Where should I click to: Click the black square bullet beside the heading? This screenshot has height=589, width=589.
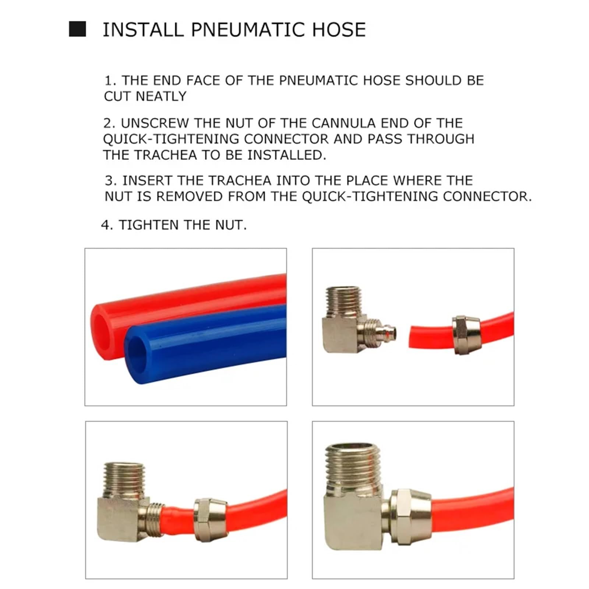coord(77,29)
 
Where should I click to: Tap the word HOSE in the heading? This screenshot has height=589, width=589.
coord(339,29)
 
